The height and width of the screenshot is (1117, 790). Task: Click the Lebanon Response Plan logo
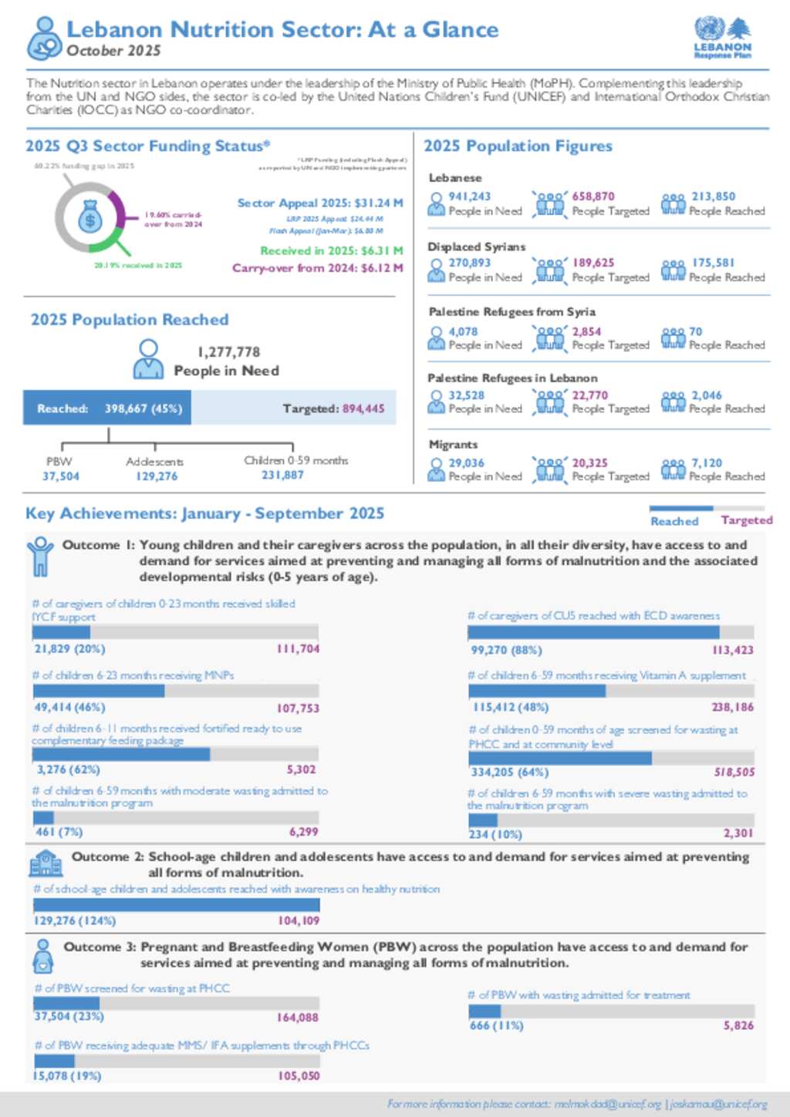(x=722, y=38)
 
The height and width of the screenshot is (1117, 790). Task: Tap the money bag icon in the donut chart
(x=90, y=218)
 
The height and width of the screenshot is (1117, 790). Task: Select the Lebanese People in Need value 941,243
(x=469, y=197)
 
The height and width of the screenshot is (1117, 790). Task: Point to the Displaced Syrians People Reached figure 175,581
(x=713, y=263)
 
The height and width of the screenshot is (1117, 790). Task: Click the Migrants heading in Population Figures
(x=453, y=445)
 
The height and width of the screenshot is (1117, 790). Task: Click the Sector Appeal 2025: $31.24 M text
(x=319, y=203)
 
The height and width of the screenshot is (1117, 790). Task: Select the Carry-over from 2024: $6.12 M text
(x=317, y=268)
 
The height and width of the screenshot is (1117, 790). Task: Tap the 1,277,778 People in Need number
(x=228, y=352)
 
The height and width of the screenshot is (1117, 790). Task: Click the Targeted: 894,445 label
(x=333, y=409)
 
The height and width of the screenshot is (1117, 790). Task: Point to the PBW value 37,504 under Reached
(x=61, y=476)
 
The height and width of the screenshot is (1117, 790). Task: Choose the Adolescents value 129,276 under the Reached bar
(x=157, y=476)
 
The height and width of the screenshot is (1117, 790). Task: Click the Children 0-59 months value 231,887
(x=282, y=476)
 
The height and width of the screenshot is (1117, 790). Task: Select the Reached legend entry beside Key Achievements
(x=674, y=521)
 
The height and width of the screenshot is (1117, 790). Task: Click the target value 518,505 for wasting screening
(x=734, y=772)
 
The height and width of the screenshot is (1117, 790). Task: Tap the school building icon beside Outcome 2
(x=46, y=863)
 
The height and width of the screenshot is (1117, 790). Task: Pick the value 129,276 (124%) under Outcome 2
(x=74, y=920)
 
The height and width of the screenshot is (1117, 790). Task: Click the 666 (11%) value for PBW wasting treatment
(x=496, y=1025)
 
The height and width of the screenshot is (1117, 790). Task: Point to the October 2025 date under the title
(x=113, y=51)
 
